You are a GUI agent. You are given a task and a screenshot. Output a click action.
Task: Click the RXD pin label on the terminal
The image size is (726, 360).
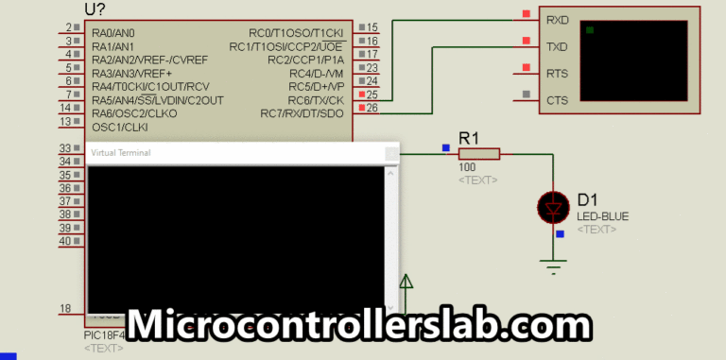tap(557, 18)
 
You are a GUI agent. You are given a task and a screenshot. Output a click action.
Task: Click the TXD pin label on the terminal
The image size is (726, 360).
tap(557, 45)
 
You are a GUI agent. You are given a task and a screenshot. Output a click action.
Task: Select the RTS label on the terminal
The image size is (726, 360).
tap(557, 73)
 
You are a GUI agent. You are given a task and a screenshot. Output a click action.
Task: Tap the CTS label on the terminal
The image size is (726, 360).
tap(557, 100)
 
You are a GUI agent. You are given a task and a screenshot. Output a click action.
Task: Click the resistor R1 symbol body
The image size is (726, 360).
tap(478, 154)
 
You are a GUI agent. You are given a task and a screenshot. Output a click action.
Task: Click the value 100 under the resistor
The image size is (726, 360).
tap(468, 168)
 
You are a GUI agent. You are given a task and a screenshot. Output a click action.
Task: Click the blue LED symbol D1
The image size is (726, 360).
tap(552, 207)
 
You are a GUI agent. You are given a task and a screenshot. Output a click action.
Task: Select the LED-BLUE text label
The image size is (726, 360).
tap(602, 216)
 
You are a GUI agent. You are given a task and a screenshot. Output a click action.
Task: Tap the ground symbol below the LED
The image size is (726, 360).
tap(552, 265)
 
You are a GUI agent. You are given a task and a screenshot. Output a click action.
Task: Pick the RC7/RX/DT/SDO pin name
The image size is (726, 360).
tap(302, 113)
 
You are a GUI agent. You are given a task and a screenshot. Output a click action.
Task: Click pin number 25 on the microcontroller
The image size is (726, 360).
tap(372, 94)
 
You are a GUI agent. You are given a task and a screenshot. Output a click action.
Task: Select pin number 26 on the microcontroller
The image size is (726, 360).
tap(372, 108)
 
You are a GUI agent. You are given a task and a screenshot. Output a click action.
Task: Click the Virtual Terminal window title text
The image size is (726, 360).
tap(120, 152)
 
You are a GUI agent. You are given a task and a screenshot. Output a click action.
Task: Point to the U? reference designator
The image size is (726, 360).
tap(95, 9)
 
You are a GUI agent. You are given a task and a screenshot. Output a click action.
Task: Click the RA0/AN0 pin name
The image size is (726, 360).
tap(113, 33)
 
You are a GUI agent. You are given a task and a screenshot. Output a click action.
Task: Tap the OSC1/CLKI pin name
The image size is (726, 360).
tap(120, 127)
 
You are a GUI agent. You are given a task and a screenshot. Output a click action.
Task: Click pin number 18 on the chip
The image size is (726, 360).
tap(65, 308)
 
